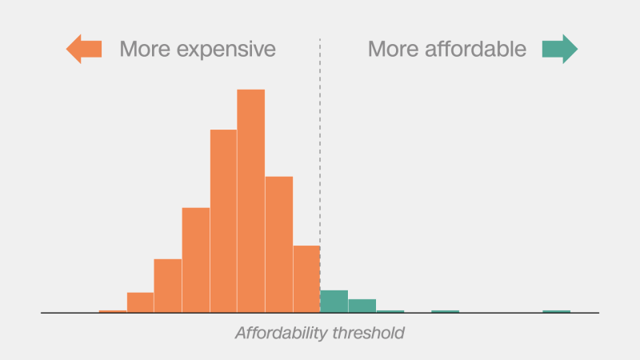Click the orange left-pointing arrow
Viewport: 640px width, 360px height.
pos(83,49)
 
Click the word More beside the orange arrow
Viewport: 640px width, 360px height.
pos(144,50)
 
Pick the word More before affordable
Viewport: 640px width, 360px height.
pos(393,50)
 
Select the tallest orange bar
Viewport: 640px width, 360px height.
pos(250,200)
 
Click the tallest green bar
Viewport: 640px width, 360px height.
pos(334,301)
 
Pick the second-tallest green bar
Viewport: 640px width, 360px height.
pos(362,306)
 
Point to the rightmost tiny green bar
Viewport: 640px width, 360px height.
pos(556,311)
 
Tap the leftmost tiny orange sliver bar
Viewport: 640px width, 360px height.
pos(113,311)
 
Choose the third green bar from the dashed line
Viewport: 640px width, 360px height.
pos(390,311)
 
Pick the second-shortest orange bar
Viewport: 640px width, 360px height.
pos(140,302)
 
